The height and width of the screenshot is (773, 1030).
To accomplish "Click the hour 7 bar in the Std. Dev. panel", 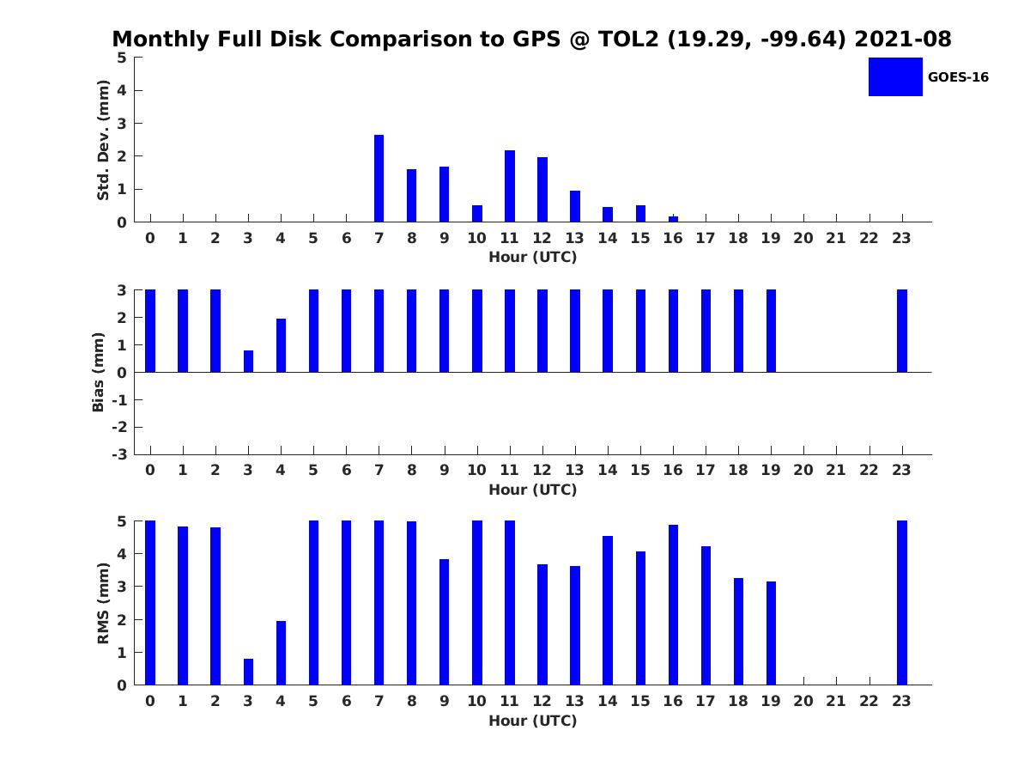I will pyautogui.click(x=379, y=179).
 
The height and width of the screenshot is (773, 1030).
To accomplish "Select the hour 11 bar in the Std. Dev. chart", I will pyautogui.click(x=510, y=186).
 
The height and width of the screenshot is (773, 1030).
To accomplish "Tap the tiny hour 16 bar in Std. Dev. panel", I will pyautogui.click(x=673, y=219).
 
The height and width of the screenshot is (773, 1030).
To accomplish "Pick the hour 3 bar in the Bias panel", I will pyautogui.click(x=248, y=362).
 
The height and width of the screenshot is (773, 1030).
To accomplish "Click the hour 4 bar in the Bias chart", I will pyautogui.click(x=281, y=345).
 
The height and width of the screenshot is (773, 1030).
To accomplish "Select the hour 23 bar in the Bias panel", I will pyautogui.click(x=902, y=331).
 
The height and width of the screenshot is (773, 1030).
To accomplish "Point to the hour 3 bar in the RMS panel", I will pyautogui.click(x=248, y=672).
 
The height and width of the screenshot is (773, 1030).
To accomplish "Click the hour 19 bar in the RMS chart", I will pyautogui.click(x=771, y=633).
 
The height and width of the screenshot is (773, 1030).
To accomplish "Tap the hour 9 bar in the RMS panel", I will pyautogui.click(x=445, y=622).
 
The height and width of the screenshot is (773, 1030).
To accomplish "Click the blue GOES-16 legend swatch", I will pyautogui.click(x=895, y=76).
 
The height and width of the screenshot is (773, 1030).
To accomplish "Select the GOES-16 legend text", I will pyautogui.click(x=958, y=77).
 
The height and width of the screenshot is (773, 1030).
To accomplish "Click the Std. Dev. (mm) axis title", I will pyautogui.click(x=103, y=140).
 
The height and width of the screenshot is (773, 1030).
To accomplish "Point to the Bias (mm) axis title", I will pyautogui.click(x=99, y=372).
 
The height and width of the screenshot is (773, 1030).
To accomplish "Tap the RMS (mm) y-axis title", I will pyautogui.click(x=103, y=603).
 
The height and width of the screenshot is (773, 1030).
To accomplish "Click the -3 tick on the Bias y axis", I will pyautogui.click(x=121, y=454).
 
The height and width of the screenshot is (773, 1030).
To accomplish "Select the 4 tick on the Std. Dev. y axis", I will pyautogui.click(x=123, y=90).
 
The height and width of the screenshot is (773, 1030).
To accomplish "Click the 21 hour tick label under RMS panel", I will pyautogui.click(x=836, y=701).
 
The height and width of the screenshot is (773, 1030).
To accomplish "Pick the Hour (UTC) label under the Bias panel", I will pyautogui.click(x=532, y=490).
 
